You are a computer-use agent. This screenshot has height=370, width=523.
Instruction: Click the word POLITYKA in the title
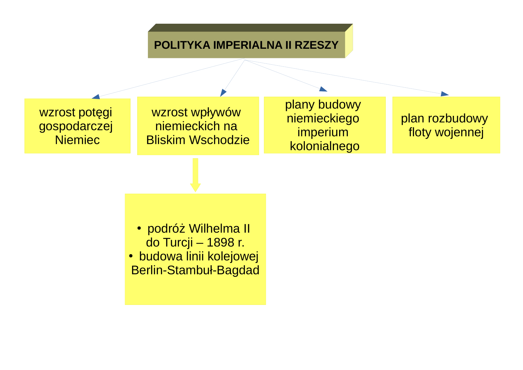click(x=182, y=45)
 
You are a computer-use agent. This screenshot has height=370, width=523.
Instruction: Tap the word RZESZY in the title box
click(x=317, y=45)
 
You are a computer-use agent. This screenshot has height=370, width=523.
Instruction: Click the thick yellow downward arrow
click(x=195, y=175)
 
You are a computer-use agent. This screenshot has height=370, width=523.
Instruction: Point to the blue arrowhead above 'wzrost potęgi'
click(x=96, y=97)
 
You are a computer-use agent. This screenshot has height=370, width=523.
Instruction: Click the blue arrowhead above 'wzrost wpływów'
click(x=223, y=93)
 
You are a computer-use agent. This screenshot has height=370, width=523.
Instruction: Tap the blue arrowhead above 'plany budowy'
click(x=323, y=89)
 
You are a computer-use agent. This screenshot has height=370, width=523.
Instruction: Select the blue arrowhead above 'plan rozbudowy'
click(x=445, y=94)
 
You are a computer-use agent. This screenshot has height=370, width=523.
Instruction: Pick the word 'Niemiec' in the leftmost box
click(x=77, y=140)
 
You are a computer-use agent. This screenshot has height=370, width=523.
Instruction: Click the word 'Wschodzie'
click(x=219, y=140)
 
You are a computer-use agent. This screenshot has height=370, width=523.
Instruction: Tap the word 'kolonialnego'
click(x=325, y=146)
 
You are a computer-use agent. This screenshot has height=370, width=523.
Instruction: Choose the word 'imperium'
click(x=323, y=132)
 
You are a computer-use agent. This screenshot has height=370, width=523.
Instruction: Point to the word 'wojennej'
click(x=459, y=133)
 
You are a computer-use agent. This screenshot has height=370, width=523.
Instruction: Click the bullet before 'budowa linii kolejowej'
click(x=131, y=256)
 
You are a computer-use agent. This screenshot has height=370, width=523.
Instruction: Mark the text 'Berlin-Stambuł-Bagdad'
click(x=195, y=270)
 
